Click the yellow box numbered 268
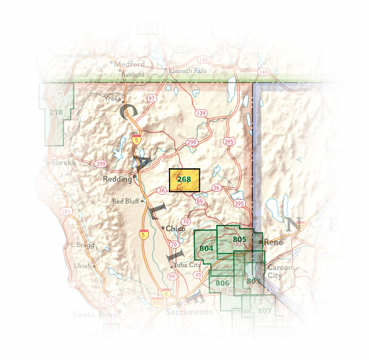(x=184, y=180)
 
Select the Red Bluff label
(x=125, y=201)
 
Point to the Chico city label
(x=176, y=229)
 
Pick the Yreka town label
(x=133, y=97)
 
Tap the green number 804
(x=207, y=249)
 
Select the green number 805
(x=239, y=240)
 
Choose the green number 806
(x=222, y=283)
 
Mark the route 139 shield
(x=201, y=113)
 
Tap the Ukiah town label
(x=83, y=266)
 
